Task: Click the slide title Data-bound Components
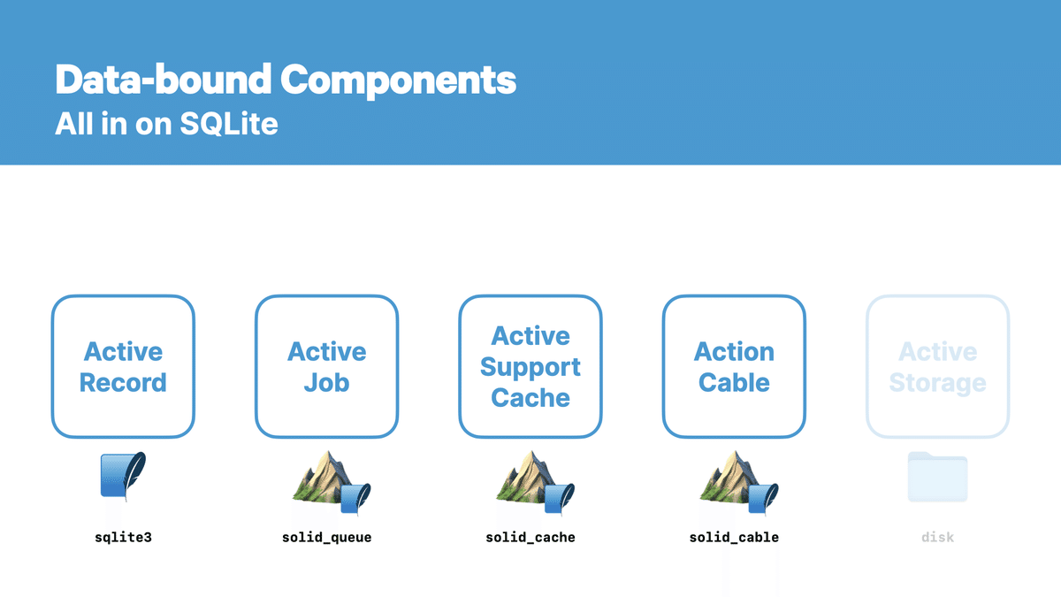285,80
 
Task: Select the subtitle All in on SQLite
166,124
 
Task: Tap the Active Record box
123,367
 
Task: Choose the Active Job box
326,367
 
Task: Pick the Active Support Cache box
530,367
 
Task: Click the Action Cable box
734,367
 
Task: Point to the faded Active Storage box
937,367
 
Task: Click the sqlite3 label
123,537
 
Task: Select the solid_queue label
326,537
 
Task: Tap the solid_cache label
530,537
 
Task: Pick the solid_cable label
734,537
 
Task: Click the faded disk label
937,537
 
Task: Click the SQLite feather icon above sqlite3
123,477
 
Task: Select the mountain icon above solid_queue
326,479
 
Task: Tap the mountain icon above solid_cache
530,479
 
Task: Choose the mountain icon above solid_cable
734,479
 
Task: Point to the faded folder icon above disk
937,477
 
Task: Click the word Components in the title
399,80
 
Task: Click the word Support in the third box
530,367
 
